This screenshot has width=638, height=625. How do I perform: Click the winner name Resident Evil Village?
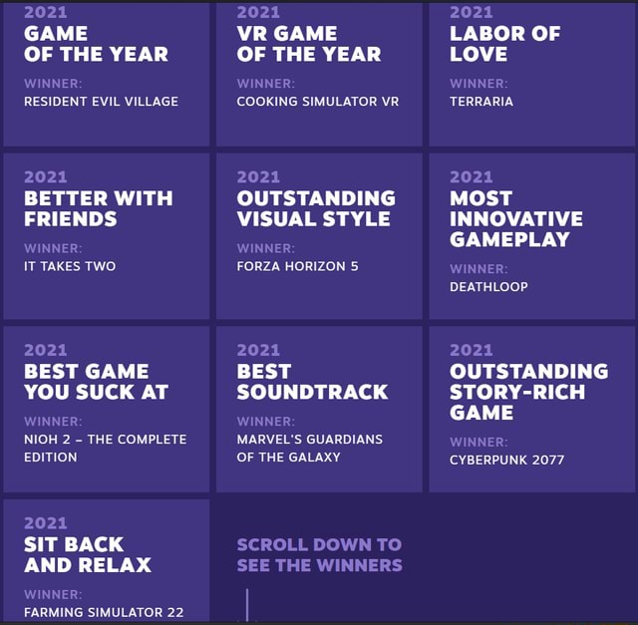pos(101,101)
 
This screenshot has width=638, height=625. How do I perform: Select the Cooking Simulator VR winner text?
pos(317,101)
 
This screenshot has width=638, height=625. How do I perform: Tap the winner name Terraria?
pos(481,101)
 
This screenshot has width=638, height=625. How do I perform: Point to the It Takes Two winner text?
pos(70,266)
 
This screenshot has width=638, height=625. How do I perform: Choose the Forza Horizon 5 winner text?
pos(297,266)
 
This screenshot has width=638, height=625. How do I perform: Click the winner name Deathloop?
pos(488,287)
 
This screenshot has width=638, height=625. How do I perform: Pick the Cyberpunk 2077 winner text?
pos(506,460)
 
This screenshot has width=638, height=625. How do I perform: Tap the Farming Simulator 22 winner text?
pos(103,612)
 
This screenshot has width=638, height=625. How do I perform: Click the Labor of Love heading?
pos(504,43)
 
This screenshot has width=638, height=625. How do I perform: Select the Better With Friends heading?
pos(98,208)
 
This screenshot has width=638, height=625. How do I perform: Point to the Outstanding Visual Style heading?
pos(315,208)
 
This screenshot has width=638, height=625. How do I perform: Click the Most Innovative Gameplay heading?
pos(515,218)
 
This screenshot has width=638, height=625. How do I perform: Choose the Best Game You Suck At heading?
pos(96,381)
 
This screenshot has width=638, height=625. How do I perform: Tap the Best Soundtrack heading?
pos(312,381)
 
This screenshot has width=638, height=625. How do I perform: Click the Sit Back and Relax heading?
pos(87,554)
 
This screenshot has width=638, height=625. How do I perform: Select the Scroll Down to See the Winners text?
pos(319,554)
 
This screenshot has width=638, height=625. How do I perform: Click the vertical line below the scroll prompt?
pos(246,604)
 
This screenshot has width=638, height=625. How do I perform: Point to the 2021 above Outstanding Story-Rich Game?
pos(471,350)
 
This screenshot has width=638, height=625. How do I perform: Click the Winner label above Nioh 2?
pos(53,422)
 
